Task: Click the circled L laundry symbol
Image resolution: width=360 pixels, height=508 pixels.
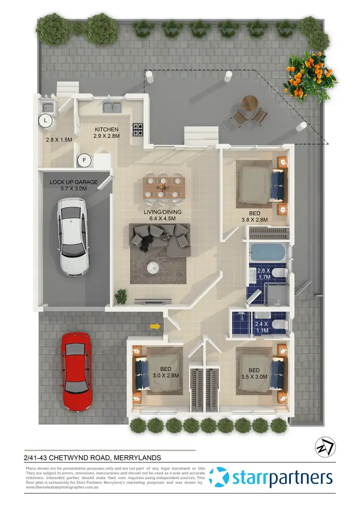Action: (46, 121)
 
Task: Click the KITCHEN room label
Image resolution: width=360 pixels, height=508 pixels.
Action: (107, 130)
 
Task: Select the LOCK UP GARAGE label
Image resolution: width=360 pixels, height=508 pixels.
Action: (74, 182)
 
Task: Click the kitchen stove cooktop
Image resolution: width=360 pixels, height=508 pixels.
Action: (139, 129)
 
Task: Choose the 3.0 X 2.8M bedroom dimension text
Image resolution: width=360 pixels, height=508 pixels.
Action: (166, 375)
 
